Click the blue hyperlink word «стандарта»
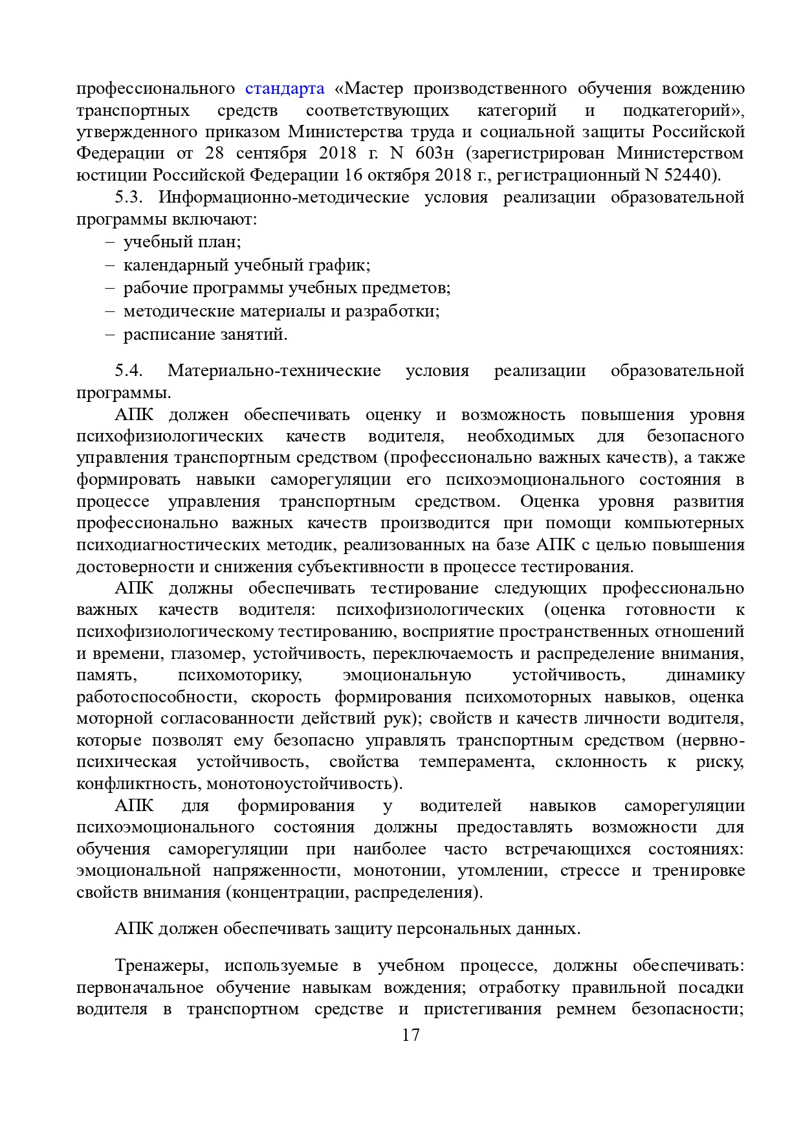pos(285,88)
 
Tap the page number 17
pos(410,1034)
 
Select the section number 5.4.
pos(129,370)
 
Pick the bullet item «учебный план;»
pos(182,242)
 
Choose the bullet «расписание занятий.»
pos(205,334)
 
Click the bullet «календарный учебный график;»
pos(247,265)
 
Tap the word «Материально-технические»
pos(274,370)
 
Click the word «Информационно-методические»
pos(283,197)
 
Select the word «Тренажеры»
pos(162,965)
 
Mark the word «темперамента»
pos(477,761)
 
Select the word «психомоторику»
pos(240,675)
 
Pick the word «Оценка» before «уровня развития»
pos(549,501)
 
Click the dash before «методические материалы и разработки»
pos(109,311)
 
